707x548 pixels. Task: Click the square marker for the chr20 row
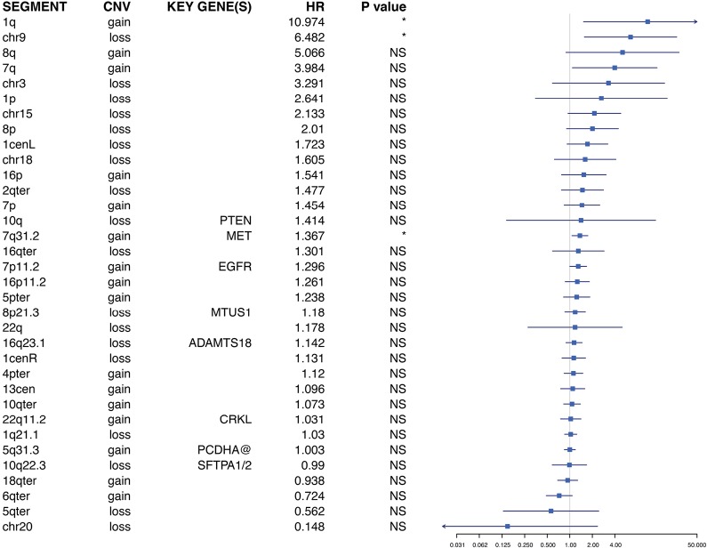coord(507,527)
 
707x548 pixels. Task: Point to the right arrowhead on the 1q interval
coord(694,21)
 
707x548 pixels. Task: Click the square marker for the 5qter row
coord(551,511)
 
